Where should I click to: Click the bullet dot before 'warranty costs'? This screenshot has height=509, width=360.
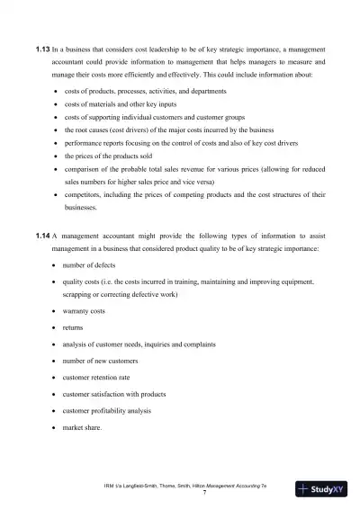(x=58, y=311)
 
